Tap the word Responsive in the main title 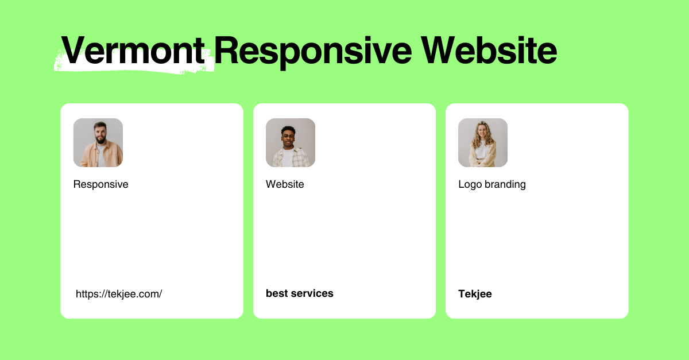click(x=313, y=51)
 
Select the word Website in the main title click(x=489, y=51)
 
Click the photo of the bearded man click(x=98, y=142)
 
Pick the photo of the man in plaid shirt click(x=291, y=142)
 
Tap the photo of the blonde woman click(x=483, y=142)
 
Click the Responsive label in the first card click(x=101, y=184)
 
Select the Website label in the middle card click(x=285, y=184)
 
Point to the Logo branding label click(x=492, y=184)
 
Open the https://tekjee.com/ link click(x=119, y=294)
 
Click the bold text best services click(x=300, y=293)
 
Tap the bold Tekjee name click(x=475, y=294)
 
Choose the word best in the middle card click(x=276, y=293)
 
